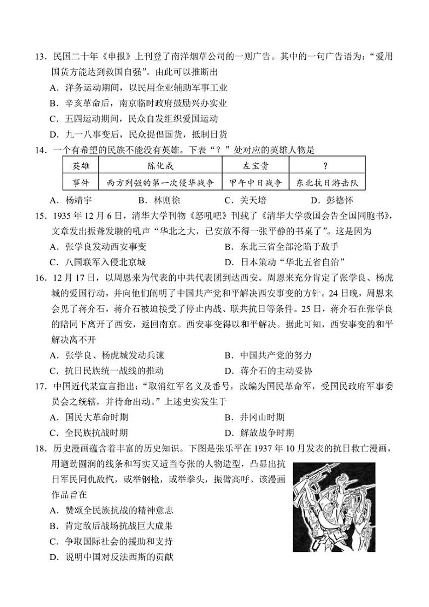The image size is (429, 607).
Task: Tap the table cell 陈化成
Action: click(x=160, y=166)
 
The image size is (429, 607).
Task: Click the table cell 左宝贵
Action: click(x=256, y=166)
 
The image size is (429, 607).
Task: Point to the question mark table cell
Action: click(x=325, y=166)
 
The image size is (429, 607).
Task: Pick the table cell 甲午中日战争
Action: click(x=256, y=183)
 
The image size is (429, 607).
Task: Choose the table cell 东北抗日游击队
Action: click(x=325, y=183)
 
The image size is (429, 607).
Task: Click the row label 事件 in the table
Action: click(x=81, y=183)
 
